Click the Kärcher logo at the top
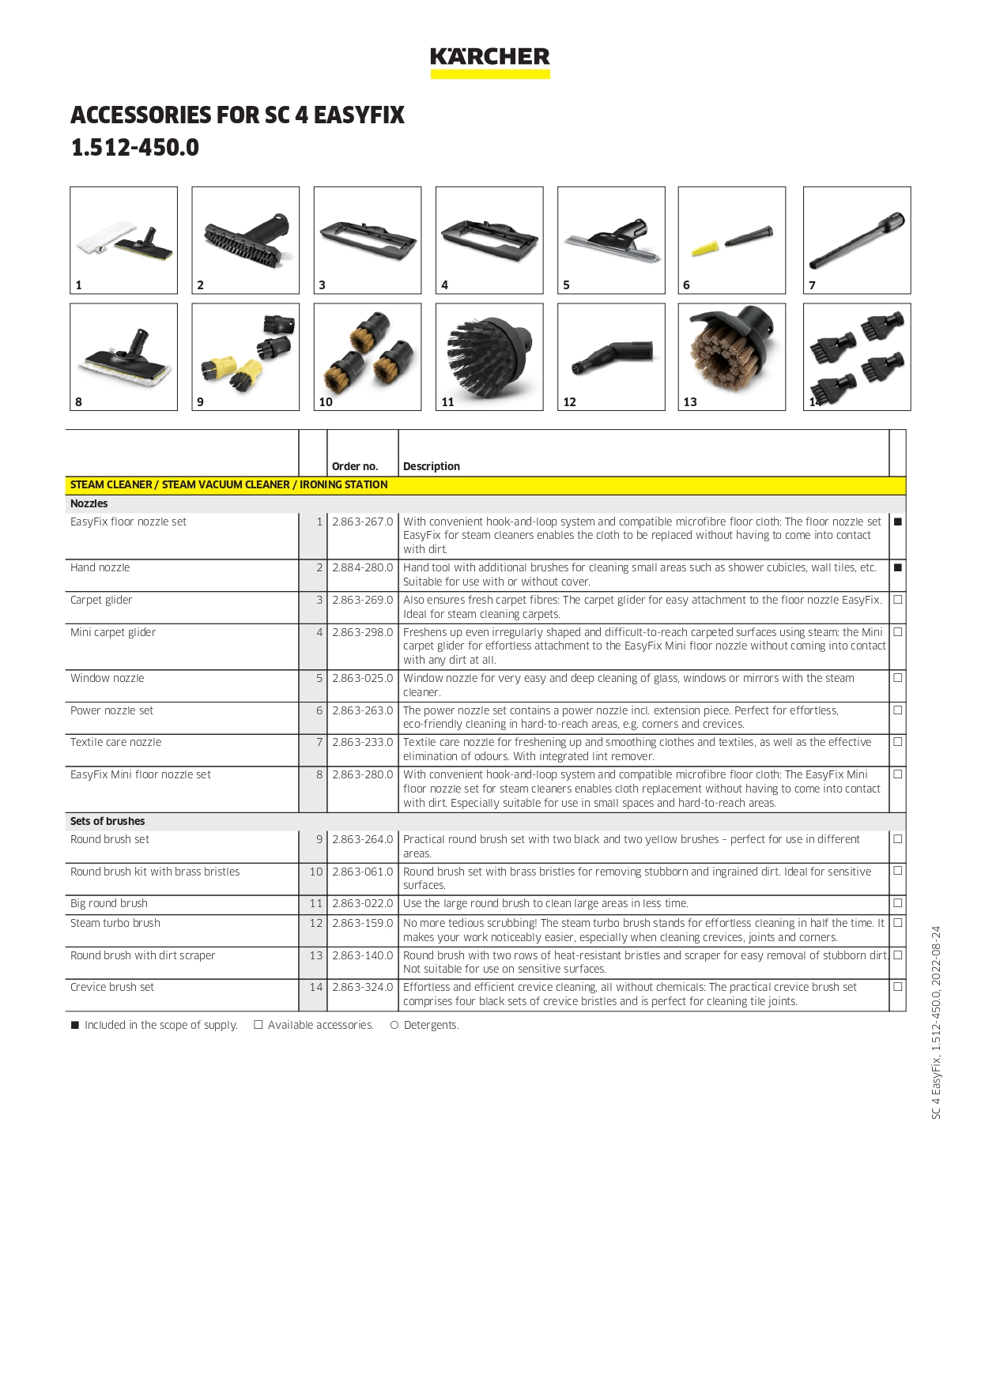(x=489, y=61)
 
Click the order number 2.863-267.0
(x=362, y=522)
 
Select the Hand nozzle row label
(x=100, y=568)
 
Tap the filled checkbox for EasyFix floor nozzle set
(x=897, y=522)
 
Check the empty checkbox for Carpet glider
(x=897, y=600)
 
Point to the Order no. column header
(x=355, y=466)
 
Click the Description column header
(x=431, y=466)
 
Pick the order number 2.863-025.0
(x=362, y=679)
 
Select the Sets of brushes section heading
(x=108, y=821)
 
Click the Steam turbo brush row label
(x=115, y=923)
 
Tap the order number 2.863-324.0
(x=362, y=987)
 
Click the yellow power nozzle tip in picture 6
(x=703, y=249)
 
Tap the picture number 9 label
(x=200, y=402)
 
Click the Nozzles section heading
(x=89, y=503)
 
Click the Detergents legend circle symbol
(x=394, y=1025)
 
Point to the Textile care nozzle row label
(x=116, y=743)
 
